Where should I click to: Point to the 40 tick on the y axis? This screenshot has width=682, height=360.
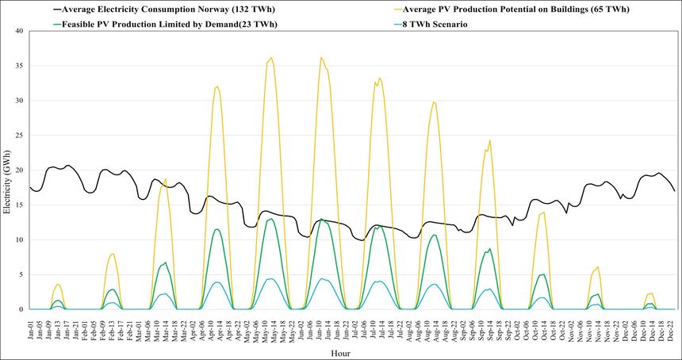pyautogui.click(x=21, y=32)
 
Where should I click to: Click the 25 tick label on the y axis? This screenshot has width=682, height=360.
pyautogui.click(x=21, y=136)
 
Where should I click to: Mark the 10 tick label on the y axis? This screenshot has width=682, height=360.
pyautogui.click(x=21, y=239)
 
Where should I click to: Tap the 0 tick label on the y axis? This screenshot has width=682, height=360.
pyautogui.click(x=24, y=309)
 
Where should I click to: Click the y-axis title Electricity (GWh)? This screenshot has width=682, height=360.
pyautogui.click(x=7, y=170)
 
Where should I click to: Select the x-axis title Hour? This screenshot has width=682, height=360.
pyautogui.click(x=341, y=353)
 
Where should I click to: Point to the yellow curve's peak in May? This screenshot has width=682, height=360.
pyautogui.click(x=271, y=57)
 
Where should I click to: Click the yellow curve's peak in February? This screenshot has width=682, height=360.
pyautogui.click(x=113, y=254)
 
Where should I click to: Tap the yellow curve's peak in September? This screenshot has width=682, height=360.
pyautogui.click(x=490, y=140)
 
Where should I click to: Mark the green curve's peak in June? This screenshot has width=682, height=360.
pyautogui.click(x=320, y=219)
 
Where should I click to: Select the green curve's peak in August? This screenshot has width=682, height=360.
pyautogui.click(x=434, y=235)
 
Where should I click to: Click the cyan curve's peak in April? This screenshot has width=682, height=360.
pyautogui.click(x=216, y=281)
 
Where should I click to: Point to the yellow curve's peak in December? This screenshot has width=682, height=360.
pyautogui.click(x=650, y=293)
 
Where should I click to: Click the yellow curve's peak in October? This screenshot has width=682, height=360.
pyautogui.click(x=543, y=212)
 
